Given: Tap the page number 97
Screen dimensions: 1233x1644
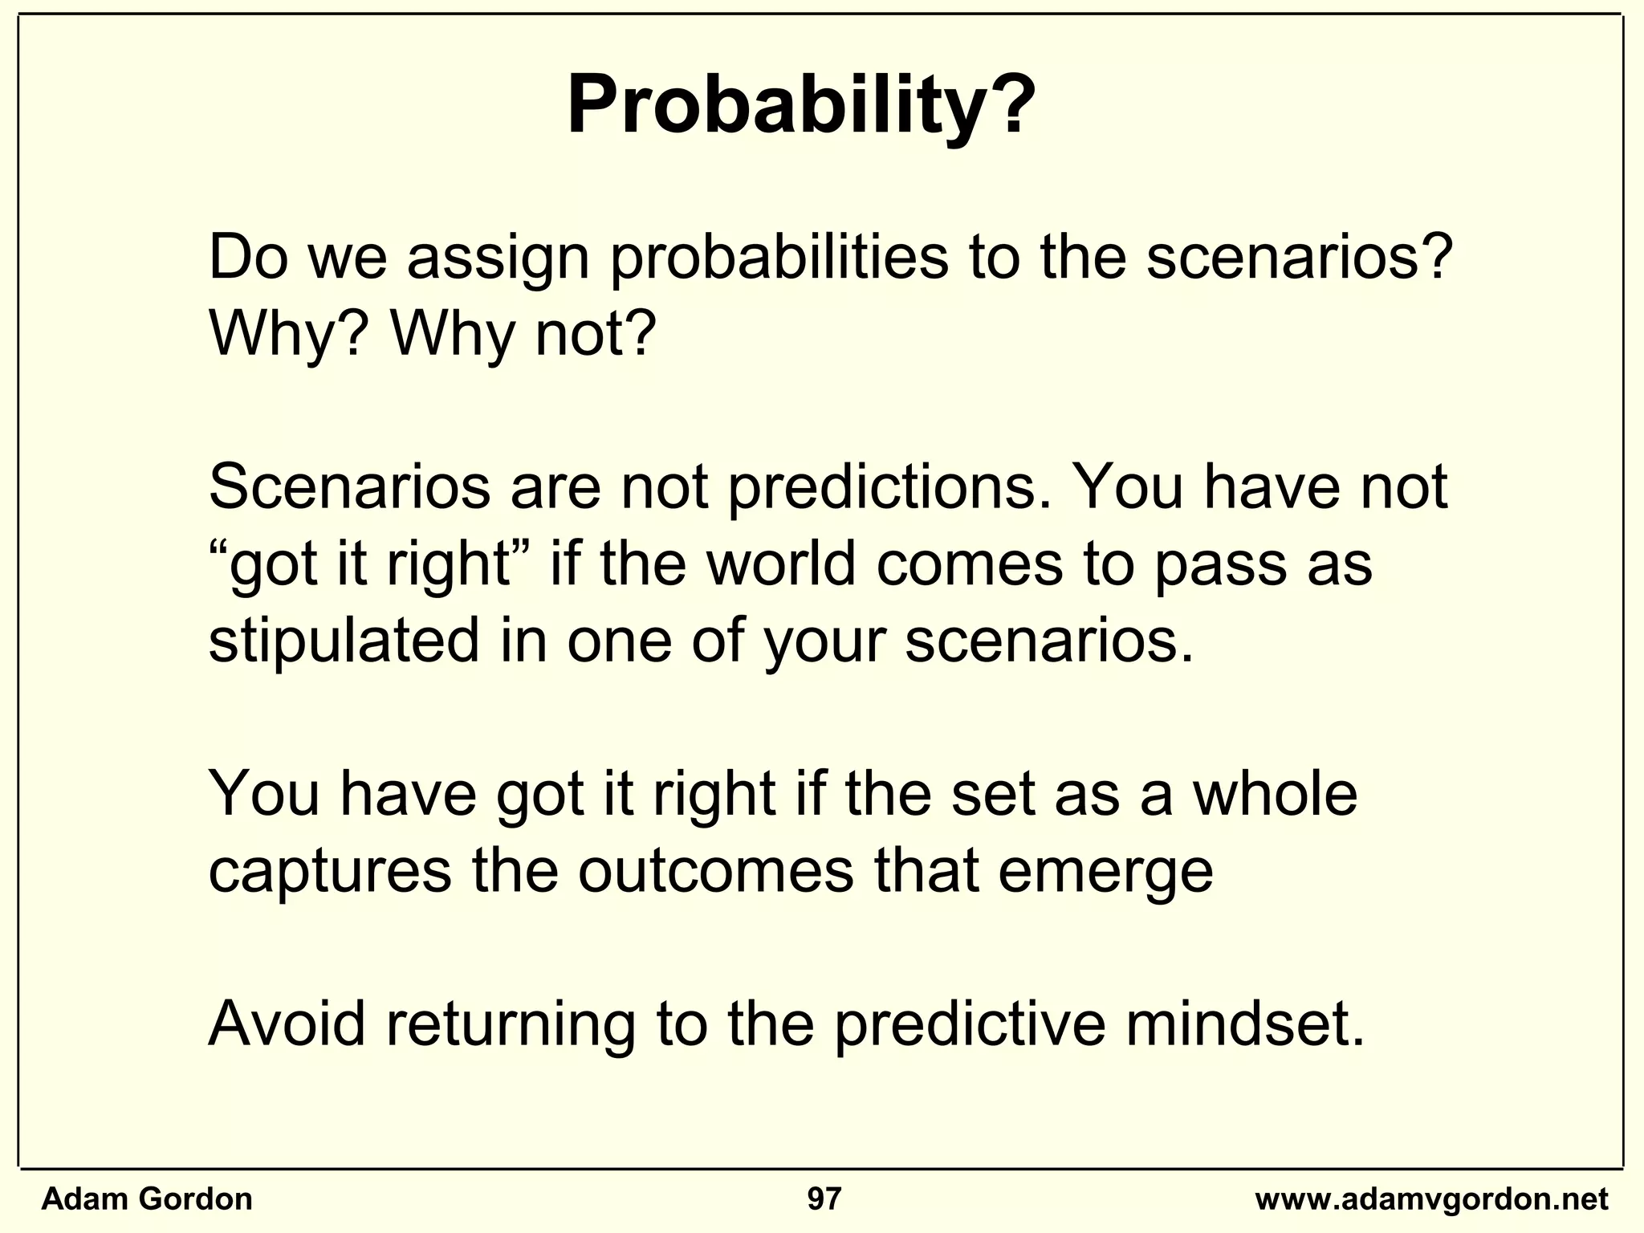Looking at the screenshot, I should [x=824, y=1199].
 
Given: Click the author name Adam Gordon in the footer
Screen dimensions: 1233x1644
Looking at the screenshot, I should [x=147, y=1199].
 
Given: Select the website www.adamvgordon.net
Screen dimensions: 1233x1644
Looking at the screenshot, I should [x=1431, y=1199].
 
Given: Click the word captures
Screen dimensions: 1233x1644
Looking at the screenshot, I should [x=330, y=873].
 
